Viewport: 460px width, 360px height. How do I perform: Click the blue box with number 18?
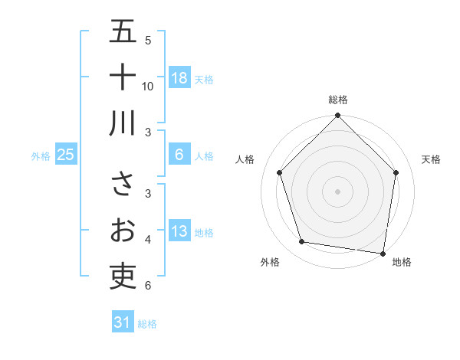click(179, 78)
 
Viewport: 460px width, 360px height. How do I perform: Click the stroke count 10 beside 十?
click(148, 87)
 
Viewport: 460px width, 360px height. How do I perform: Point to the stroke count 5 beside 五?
click(148, 41)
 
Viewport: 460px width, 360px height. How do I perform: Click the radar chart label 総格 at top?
click(338, 100)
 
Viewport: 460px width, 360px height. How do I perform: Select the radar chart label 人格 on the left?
click(245, 159)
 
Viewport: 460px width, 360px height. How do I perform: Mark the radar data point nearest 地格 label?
click(383, 253)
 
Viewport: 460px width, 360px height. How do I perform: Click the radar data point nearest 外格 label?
click(302, 242)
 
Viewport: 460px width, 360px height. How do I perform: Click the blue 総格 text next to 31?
click(147, 324)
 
